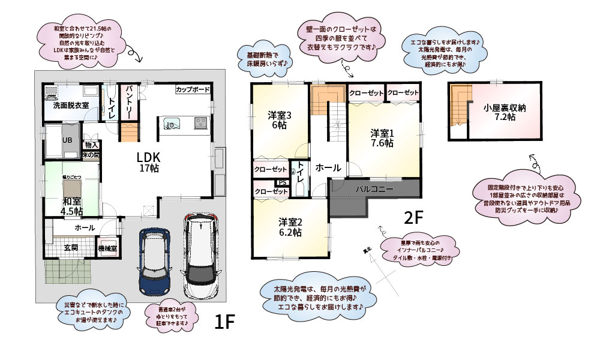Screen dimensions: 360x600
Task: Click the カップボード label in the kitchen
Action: (x=193, y=89)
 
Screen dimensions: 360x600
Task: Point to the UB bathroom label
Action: (x=68, y=140)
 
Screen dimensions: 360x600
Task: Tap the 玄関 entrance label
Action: (x=71, y=247)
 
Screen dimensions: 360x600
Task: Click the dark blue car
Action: (x=155, y=259)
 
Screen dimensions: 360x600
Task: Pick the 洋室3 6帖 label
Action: (x=280, y=120)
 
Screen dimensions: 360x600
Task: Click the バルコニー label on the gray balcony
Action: (x=374, y=188)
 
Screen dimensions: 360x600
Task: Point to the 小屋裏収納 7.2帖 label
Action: (x=505, y=113)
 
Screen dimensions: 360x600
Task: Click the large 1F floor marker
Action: (x=224, y=322)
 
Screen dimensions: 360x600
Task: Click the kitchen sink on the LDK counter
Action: (x=172, y=124)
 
